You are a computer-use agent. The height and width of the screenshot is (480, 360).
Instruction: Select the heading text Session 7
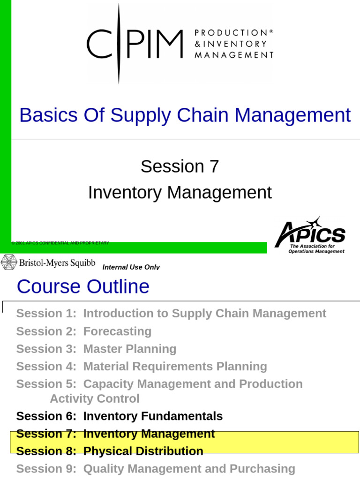pos(180,166)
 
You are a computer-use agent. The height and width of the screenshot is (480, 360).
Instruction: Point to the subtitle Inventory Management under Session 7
pos(180,193)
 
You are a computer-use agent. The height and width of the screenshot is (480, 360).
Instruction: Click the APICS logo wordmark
pos(311,233)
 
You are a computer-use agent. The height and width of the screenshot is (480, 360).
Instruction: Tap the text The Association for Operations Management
pos(317,248)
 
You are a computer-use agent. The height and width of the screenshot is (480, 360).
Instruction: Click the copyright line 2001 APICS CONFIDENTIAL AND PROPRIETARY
pos(61,243)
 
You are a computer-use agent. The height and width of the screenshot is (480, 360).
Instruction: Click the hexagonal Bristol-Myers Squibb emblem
pos(8,262)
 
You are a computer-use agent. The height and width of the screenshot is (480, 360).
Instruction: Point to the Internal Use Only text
pos(131,267)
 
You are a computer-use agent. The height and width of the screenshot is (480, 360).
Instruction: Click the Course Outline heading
pos(83,286)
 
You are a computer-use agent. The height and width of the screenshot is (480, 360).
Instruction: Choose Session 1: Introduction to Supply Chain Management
pos(171,314)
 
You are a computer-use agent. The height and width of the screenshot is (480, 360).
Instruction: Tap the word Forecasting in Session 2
pos(117,331)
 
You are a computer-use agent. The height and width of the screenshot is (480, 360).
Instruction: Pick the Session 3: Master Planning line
pos(96,349)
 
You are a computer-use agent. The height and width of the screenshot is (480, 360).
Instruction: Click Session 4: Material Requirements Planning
pos(142,367)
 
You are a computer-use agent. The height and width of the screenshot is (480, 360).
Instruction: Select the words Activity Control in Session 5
pos(94,399)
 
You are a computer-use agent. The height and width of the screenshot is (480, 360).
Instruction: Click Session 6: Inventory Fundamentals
pos(120,416)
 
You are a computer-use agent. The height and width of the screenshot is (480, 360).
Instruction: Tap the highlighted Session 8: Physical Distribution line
pos(110,451)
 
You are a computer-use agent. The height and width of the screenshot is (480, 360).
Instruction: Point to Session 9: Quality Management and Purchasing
pos(156,469)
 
